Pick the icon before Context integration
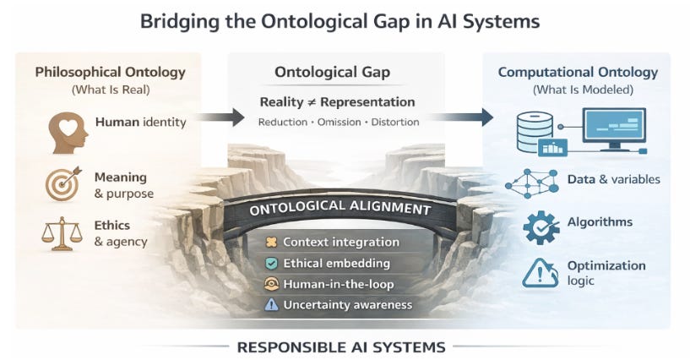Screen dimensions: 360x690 tap(272, 243)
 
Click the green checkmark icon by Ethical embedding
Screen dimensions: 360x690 tap(272, 263)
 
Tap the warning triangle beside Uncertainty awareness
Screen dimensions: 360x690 tap(272, 304)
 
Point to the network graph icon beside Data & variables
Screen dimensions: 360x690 tap(535, 183)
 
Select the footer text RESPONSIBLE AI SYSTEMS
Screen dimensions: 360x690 tap(342, 346)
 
